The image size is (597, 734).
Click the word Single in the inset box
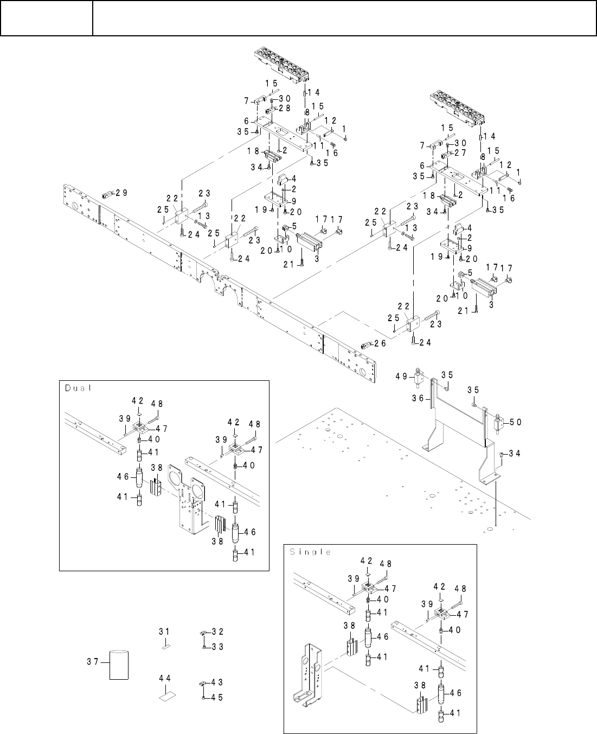point(311,552)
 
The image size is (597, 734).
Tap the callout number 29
point(122,193)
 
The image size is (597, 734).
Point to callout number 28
point(285,108)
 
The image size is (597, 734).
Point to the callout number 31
point(164,631)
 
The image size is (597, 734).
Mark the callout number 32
point(219,631)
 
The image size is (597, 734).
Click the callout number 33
point(219,647)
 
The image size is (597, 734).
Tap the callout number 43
point(217,682)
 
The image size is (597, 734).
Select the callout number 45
point(217,698)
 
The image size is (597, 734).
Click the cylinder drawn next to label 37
point(119,665)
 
